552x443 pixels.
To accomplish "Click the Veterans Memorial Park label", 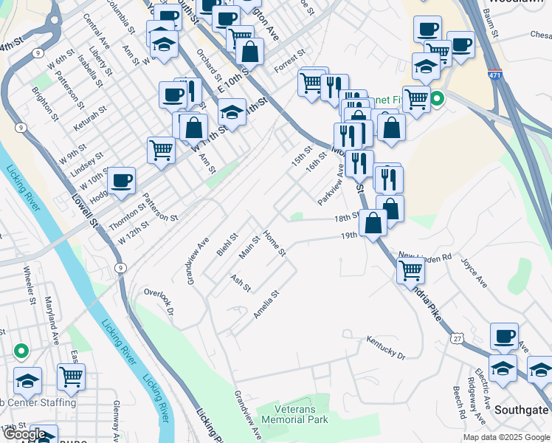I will pos(295,414).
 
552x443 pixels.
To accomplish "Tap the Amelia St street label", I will pos(266,304).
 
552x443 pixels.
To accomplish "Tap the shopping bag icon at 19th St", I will pos(373,223).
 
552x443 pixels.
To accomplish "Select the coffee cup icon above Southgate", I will pos(504,336).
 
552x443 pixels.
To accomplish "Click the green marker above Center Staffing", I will pos(21,351).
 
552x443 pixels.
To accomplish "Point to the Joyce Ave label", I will pos(474,272).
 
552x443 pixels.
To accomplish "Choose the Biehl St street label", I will pos(227,245).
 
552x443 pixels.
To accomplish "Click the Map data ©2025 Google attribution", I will pos(506,437).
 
